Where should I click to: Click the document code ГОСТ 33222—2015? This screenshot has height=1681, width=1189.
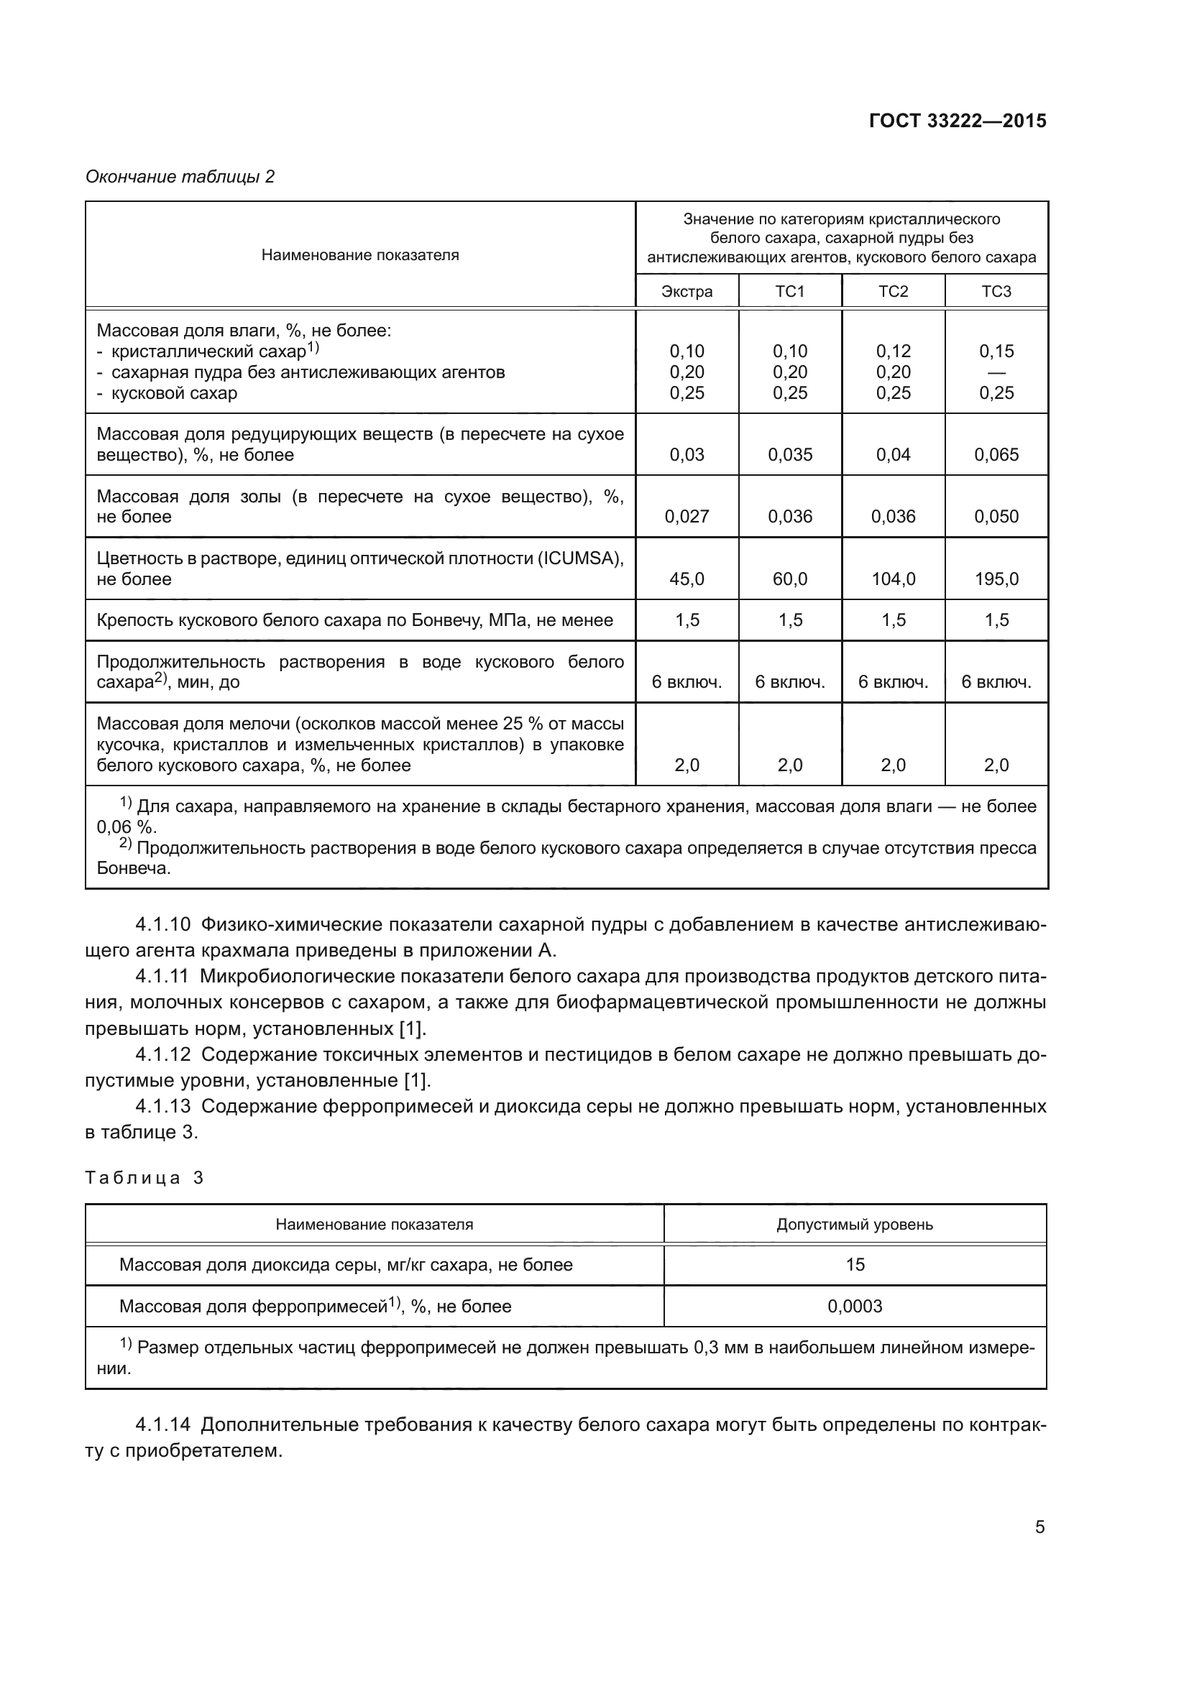pos(957,121)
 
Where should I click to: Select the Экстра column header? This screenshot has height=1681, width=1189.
pos(686,291)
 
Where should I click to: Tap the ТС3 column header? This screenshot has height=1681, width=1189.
pos(996,291)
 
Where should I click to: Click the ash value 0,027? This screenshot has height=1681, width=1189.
pos(686,517)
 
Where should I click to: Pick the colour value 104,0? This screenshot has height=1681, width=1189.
pos(893,579)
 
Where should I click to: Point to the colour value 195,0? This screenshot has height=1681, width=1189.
pos(996,579)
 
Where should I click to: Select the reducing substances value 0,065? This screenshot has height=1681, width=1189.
pos(996,455)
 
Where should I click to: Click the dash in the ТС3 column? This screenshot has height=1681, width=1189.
pos(996,372)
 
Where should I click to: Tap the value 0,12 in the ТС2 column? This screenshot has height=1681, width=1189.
pos(893,351)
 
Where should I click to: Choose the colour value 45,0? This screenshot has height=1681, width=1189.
pos(686,579)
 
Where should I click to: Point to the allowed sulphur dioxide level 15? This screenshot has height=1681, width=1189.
pos(855,1265)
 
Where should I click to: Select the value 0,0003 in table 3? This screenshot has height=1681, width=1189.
pos(855,1306)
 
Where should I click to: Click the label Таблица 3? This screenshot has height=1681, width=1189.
pos(144,1178)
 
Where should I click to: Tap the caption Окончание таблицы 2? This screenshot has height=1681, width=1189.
pos(180,177)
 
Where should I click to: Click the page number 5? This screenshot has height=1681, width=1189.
pos(1039,1527)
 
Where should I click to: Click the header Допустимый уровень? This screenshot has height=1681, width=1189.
pos(855,1224)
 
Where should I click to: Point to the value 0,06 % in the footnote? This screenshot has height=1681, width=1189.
pos(126,827)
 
